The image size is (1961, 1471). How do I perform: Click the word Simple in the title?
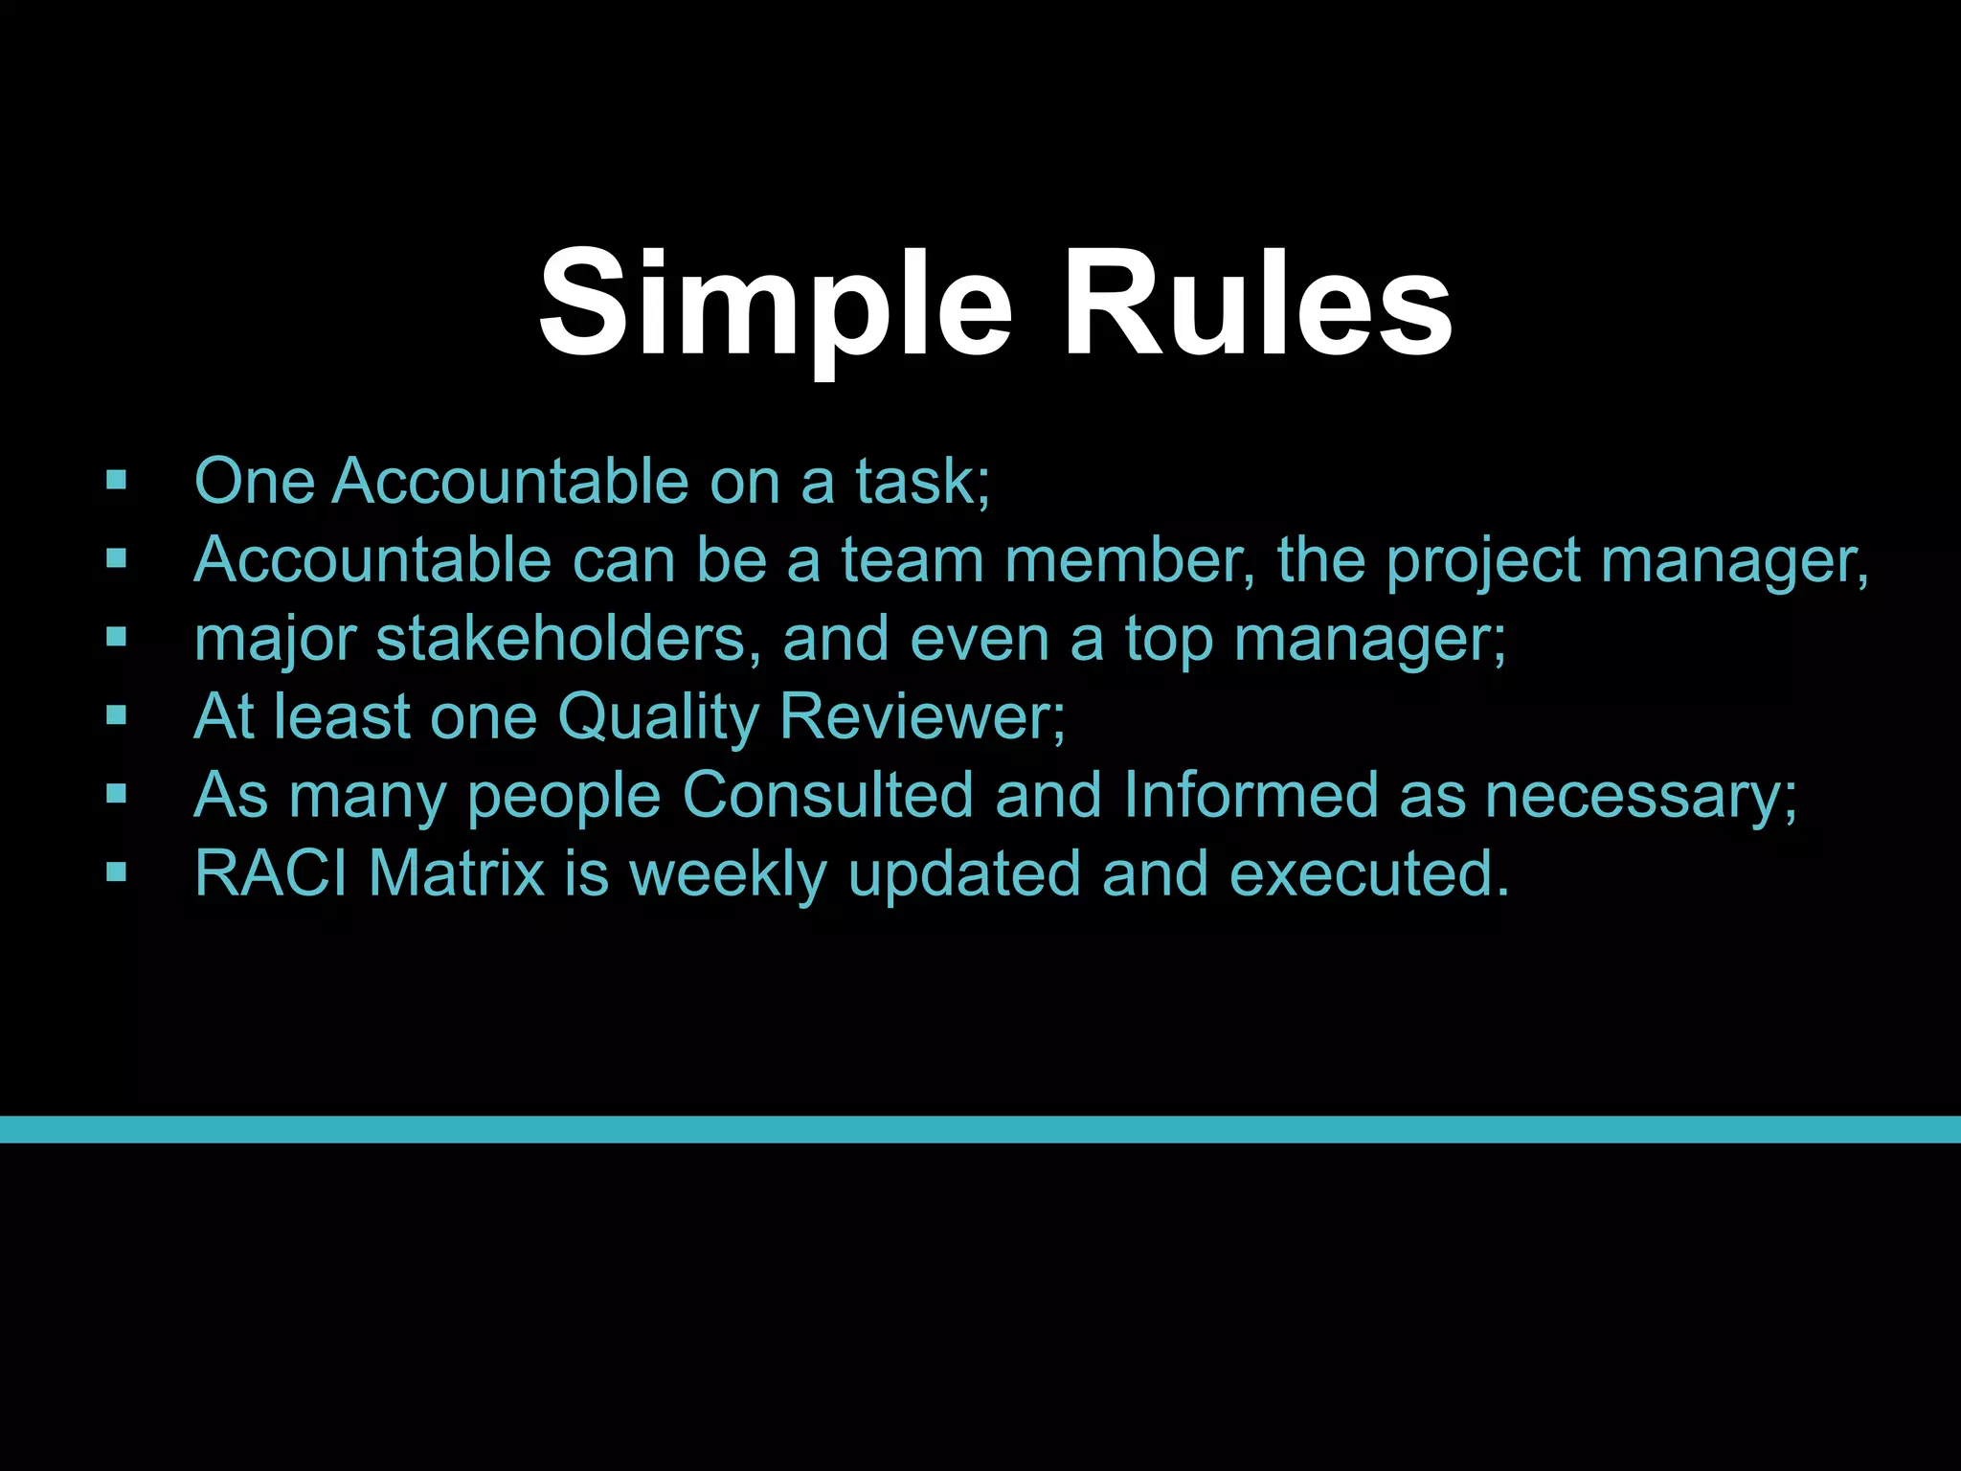tap(774, 305)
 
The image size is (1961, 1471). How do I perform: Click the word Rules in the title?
tap(1256, 305)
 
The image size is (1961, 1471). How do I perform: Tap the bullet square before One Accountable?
tap(117, 480)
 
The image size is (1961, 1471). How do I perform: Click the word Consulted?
tap(827, 795)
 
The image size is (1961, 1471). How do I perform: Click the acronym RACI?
tap(270, 873)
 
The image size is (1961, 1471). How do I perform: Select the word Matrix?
tap(456, 873)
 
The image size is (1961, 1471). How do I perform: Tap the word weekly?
tap(727, 874)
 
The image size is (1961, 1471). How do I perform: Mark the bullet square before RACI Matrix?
tap(117, 872)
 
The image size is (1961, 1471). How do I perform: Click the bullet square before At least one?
tap(117, 715)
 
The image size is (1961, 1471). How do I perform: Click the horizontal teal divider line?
tap(980, 1129)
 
